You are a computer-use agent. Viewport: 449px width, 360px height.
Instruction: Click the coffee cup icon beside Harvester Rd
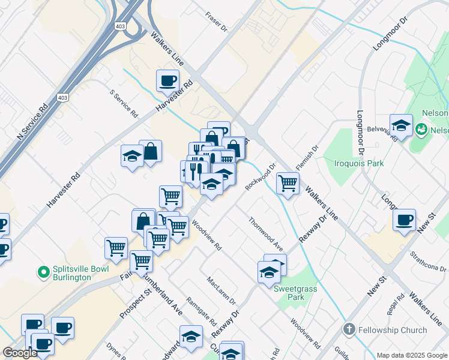click(x=167, y=80)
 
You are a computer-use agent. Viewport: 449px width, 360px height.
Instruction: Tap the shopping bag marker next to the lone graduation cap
click(x=150, y=152)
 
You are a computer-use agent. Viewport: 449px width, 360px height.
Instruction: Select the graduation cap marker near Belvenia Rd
click(x=401, y=125)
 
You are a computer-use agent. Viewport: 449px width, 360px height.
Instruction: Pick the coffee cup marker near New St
click(x=404, y=220)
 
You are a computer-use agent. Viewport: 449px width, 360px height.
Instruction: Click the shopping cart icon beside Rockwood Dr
click(x=288, y=182)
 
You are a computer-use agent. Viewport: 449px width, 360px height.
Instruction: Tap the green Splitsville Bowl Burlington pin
click(x=43, y=273)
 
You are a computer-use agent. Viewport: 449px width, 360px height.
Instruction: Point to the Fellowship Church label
click(x=392, y=329)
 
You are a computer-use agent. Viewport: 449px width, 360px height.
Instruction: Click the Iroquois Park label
click(x=358, y=163)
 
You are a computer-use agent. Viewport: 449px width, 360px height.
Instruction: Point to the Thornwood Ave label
click(x=266, y=233)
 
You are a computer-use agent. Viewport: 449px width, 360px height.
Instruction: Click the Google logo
click(x=20, y=353)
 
